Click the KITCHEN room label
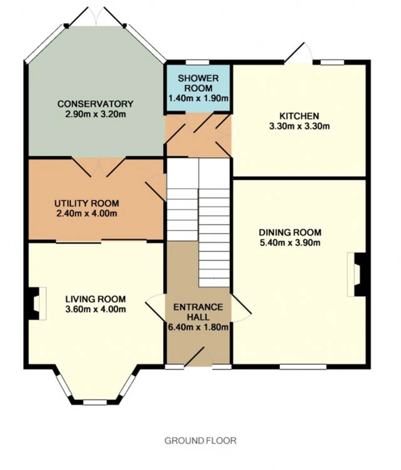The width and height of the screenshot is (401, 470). pyautogui.click(x=299, y=116)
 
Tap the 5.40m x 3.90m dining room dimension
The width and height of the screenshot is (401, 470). pyautogui.click(x=290, y=243)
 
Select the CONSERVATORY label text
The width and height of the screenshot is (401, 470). pyautogui.click(x=95, y=104)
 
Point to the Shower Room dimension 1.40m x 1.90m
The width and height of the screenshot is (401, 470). pyautogui.click(x=198, y=98)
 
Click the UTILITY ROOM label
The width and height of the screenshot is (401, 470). pyautogui.click(x=87, y=203)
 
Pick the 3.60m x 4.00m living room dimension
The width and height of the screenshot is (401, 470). pyautogui.click(x=96, y=309)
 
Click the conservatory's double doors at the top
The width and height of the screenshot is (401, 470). pyautogui.click(x=96, y=16)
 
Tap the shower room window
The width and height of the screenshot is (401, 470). pyautogui.click(x=197, y=62)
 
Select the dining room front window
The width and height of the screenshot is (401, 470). pyautogui.click(x=303, y=367)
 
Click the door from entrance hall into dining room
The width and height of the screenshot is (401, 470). pyautogui.click(x=241, y=308)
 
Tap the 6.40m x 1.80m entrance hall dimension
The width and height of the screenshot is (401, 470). pyautogui.click(x=198, y=327)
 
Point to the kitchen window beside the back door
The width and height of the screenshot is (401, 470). pyautogui.click(x=332, y=62)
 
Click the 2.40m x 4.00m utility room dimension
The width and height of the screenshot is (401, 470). pyautogui.click(x=87, y=214)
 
